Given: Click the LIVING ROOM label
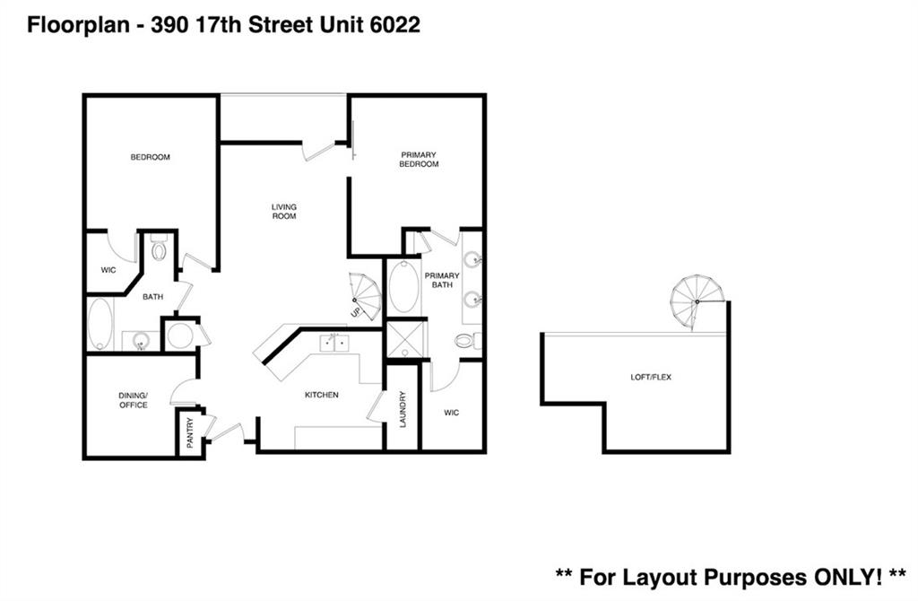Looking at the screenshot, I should pyautogui.click(x=284, y=212).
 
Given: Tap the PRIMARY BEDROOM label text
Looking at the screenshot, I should pyautogui.click(x=419, y=160).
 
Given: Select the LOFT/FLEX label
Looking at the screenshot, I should pyautogui.click(x=651, y=378).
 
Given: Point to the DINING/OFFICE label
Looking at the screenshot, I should pyautogui.click(x=133, y=400).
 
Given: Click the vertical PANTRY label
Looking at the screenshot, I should pyautogui.click(x=189, y=433).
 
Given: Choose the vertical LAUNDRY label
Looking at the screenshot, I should pyautogui.click(x=403, y=408).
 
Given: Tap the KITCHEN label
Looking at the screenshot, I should pyautogui.click(x=321, y=395).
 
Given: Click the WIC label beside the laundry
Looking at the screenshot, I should pyautogui.click(x=452, y=413).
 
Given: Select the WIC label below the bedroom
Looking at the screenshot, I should pyautogui.click(x=108, y=268).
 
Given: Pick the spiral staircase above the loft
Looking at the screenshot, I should pyautogui.click(x=697, y=300).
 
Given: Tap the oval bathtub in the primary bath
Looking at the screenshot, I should pyautogui.click(x=403, y=287).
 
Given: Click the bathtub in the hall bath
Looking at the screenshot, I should pyautogui.click(x=100, y=324).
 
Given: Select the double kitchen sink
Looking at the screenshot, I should pyautogui.click(x=335, y=342).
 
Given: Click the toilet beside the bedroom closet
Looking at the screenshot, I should pyautogui.click(x=159, y=248).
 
